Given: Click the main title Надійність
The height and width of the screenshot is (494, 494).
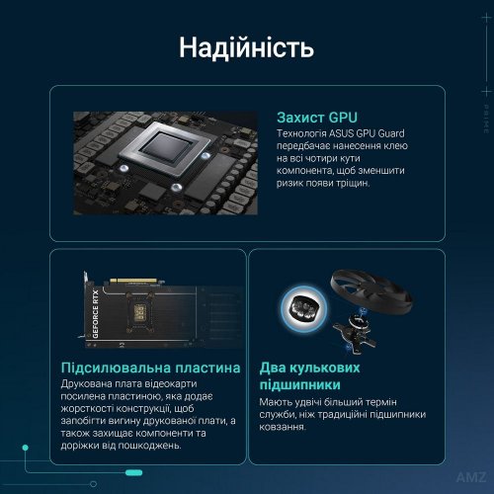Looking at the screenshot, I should tap(247, 47).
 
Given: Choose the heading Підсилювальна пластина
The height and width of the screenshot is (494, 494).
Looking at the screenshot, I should tap(149, 369).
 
